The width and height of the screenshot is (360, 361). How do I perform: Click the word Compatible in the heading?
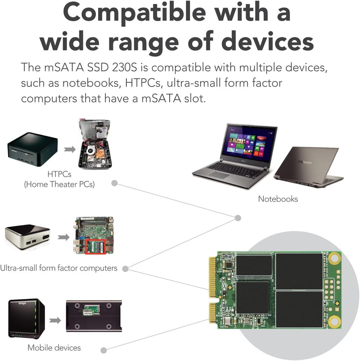point(135,13)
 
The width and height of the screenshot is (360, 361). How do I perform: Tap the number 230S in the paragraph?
point(125,68)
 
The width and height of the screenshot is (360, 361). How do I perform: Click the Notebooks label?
point(278,199)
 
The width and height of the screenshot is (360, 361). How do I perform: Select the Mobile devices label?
point(54,347)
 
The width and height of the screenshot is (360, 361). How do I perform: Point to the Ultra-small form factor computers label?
point(58,268)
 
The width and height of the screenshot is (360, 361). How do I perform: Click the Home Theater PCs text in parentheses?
point(59,185)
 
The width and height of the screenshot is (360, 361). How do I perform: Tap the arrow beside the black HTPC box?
point(70,149)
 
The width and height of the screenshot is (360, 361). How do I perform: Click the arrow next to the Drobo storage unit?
point(55,320)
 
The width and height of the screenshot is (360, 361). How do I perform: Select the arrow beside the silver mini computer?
point(63,237)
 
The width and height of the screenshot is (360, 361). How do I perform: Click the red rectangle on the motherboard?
point(95,246)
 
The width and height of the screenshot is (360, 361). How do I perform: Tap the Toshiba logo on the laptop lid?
point(305,162)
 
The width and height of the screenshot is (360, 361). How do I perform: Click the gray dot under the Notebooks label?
point(238,218)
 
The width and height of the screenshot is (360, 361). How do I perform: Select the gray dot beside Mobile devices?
point(103,350)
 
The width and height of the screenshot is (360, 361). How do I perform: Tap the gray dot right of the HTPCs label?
point(114,183)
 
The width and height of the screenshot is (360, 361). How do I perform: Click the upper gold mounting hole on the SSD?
point(334,258)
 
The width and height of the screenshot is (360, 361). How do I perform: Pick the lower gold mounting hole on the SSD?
point(334,321)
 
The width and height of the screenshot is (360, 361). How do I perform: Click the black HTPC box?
point(32,149)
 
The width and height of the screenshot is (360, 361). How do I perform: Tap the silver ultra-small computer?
point(27,237)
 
